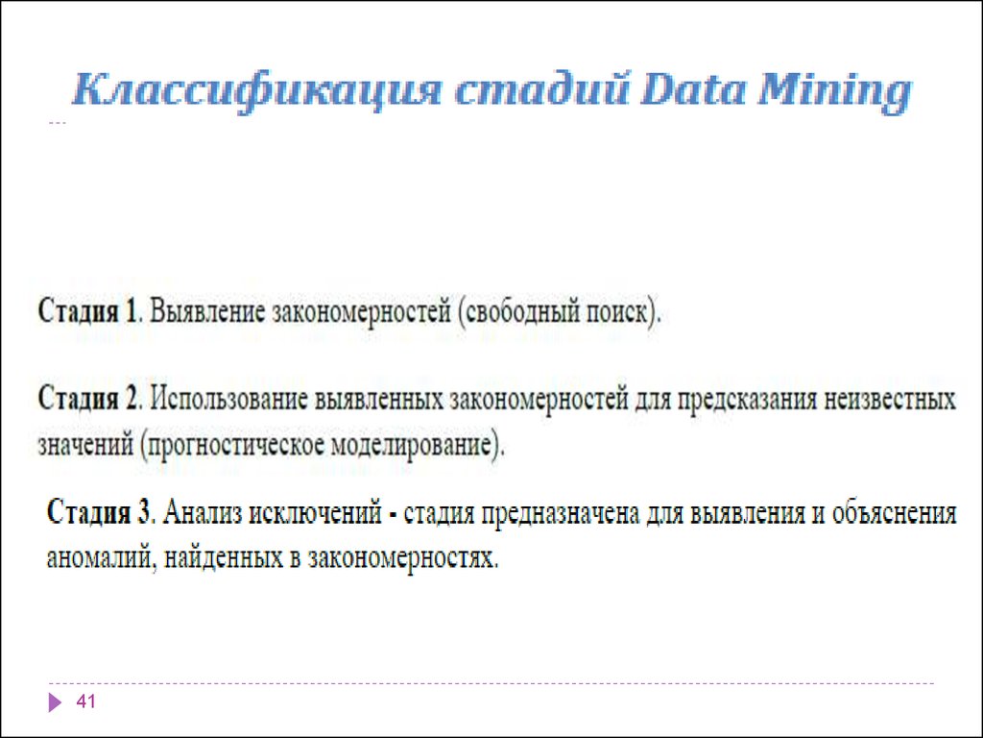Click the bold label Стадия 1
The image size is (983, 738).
tap(90, 312)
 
